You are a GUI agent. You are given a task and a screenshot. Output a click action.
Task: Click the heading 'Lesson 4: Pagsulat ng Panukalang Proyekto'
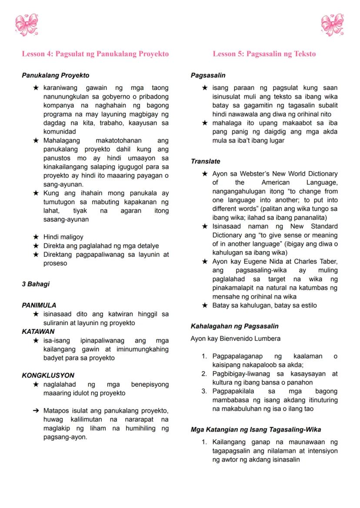point(95,54)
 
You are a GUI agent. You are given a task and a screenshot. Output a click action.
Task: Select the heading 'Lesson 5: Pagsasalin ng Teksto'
point(264,54)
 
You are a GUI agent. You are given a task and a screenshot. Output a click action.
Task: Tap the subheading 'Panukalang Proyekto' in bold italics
point(55,75)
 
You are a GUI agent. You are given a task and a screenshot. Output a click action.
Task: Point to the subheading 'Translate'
point(206,161)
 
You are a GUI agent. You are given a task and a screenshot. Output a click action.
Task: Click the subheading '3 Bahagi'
point(36,284)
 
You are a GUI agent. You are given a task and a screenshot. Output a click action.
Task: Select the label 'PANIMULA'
point(39,305)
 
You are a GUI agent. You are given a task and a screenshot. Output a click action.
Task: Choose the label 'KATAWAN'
point(38,332)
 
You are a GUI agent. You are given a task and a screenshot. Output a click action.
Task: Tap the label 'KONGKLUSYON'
point(48,375)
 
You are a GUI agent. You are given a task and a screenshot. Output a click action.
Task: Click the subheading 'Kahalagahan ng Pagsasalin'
point(235,326)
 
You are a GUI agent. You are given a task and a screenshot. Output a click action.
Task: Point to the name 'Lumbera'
point(267,339)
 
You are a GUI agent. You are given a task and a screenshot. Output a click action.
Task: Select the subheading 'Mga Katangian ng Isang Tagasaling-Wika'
point(256,430)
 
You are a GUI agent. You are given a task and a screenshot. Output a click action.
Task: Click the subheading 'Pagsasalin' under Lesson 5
point(208,75)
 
